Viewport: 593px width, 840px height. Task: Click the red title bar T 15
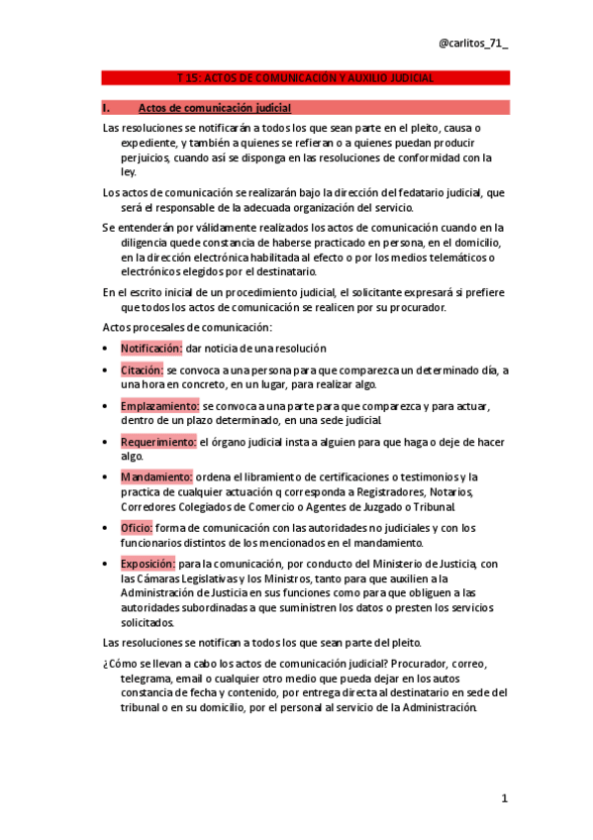pyautogui.click(x=304, y=77)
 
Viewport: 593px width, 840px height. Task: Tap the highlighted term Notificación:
pyautogui.click(x=151, y=349)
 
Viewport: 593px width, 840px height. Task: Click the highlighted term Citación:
pyautogui.click(x=143, y=370)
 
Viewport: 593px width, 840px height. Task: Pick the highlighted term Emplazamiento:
pyautogui.click(x=160, y=406)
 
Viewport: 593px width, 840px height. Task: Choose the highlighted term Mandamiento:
pyautogui.click(x=156, y=477)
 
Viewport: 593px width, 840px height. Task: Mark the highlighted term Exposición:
pyautogui.click(x=148, y=564)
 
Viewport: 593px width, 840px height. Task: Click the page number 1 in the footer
pyautogui.click(x=503, y=798)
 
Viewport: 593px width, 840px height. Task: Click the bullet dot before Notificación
pyautogui.click(x=106, y=349)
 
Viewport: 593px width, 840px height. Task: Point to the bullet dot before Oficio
pyautogui.click(x=106, y=528)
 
